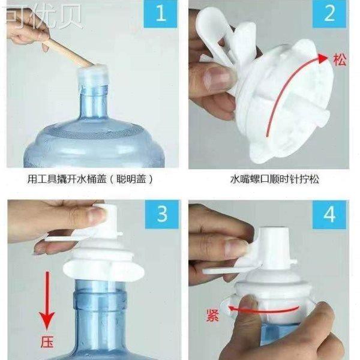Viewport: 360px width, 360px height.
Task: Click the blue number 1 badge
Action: (x=160, y=15)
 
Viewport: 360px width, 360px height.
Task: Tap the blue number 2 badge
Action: (x=329, y=15)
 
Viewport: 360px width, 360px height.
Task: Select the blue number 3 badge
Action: (x=160, y=214)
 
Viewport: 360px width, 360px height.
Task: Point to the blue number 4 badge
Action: (x=329, y=214)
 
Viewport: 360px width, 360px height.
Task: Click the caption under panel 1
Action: (x=90, y=178)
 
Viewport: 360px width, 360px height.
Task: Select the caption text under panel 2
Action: (x=269, y=178)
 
